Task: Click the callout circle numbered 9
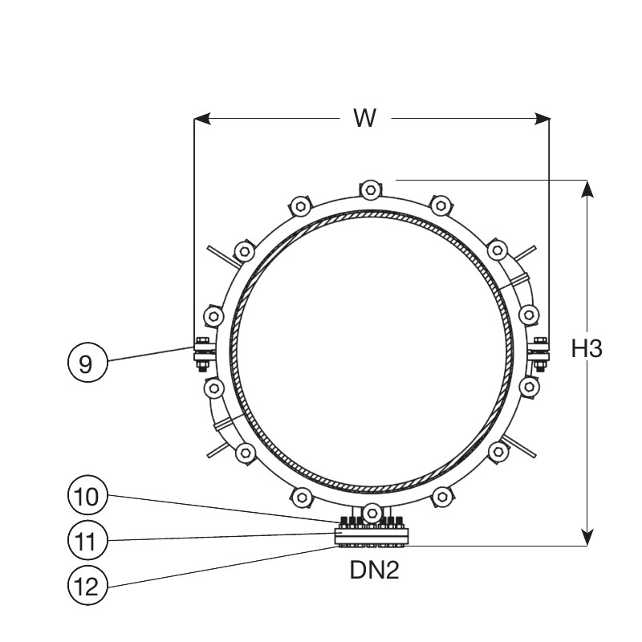coord(87,363)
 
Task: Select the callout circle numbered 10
coord(87,495)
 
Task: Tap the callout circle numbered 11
coord(87,540)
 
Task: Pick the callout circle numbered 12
coord(87,586)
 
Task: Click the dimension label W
coord(364,118)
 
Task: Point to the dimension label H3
coord(587,349)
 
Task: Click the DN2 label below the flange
coord(374,570)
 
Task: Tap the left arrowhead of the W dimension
coord(202,119)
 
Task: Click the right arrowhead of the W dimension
coord(542,119)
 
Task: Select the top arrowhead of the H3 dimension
coord(587,189)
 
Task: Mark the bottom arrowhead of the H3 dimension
coord(587,537)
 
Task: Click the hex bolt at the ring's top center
coord(371,190)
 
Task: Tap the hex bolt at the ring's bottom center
coord(372,513)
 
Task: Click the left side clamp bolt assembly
coord(202,355)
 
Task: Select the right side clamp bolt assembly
coord(540,355)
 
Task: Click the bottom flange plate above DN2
coord(372,536)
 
